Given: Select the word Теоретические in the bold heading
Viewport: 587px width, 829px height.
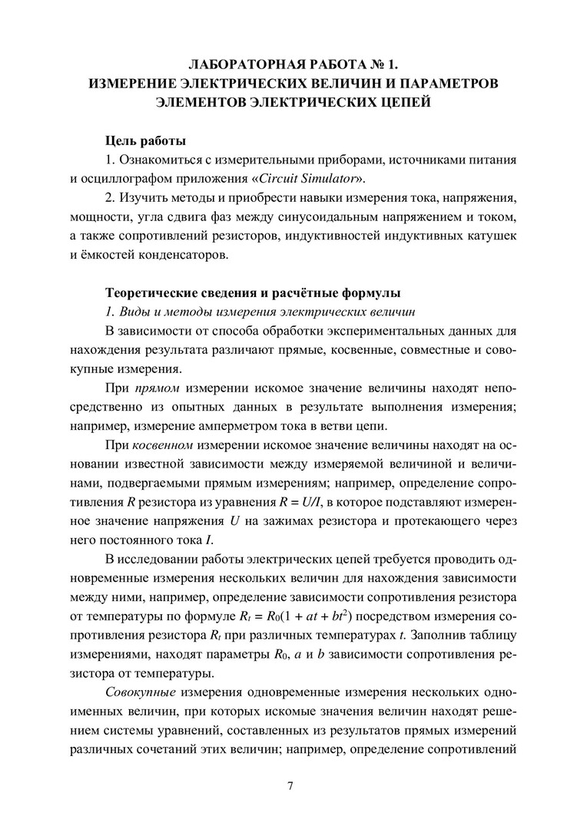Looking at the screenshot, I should tap(151, 294).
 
